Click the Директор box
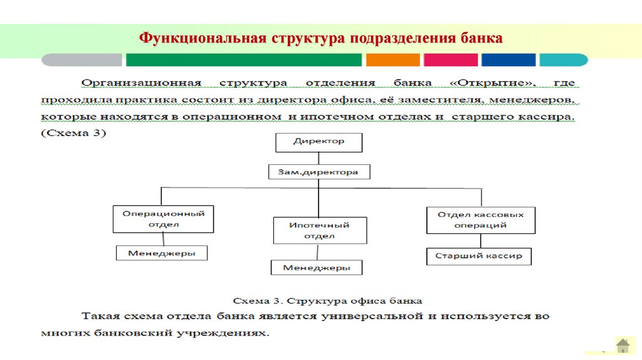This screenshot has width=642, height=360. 318,142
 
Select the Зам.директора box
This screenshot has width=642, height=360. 318,171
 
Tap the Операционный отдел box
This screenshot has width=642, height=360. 163,218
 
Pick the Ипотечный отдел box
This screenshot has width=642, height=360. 319,230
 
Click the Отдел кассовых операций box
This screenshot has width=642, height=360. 480,220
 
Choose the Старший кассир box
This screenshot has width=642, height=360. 478,256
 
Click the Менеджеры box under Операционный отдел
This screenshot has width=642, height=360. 162,253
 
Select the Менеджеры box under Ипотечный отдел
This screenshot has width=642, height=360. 317,267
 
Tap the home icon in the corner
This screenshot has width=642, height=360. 623,345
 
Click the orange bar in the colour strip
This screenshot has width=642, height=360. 392,60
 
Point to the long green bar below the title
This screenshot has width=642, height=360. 244,60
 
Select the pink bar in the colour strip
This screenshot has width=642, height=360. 450,60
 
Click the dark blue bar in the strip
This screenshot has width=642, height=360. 508,60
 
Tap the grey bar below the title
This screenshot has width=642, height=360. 82,60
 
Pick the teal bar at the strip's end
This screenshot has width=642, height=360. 564,60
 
